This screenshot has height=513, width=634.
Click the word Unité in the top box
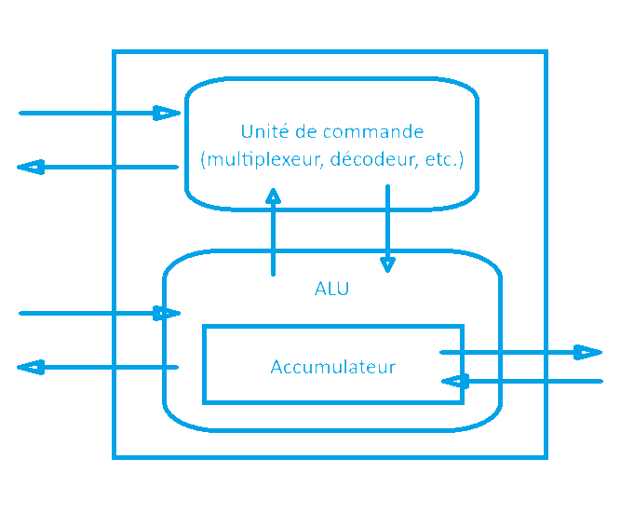pos(262,131)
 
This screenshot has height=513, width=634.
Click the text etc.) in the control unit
pos(442,159)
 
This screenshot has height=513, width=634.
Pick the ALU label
pos(332,289)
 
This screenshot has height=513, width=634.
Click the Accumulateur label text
pos(332,367)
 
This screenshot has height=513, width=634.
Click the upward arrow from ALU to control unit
pos(273,233)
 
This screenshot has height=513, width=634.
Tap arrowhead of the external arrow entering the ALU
pos(169,314)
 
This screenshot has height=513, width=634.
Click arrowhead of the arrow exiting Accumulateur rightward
pos(587,352)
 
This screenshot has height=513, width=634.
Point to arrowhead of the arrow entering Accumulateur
pos(454,381)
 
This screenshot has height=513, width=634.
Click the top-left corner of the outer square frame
pos(114,52)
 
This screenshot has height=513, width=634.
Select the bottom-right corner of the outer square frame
pos(546,457)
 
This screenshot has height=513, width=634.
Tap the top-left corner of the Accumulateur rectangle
pos(205,327)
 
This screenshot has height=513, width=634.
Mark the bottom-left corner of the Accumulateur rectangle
pos(205,401)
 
